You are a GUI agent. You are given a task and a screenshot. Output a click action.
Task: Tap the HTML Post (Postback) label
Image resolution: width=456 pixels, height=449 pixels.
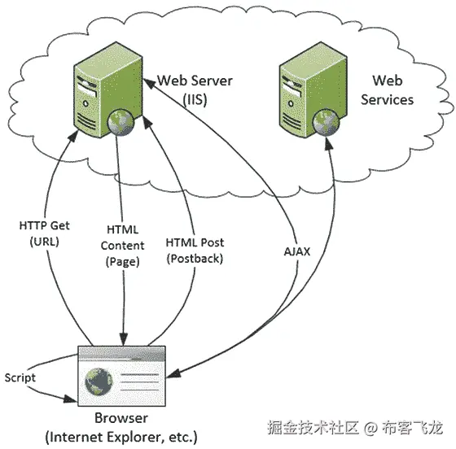point(194,251)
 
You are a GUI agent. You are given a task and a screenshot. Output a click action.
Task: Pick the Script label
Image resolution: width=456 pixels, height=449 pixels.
point(19,377)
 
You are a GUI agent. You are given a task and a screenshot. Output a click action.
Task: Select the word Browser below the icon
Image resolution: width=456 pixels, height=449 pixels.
point(121,418)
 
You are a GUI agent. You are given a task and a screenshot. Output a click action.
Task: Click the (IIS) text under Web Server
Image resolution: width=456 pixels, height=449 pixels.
point(195,98)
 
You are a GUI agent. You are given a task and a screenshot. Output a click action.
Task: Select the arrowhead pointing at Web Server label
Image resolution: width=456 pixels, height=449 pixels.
point(151,81)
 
